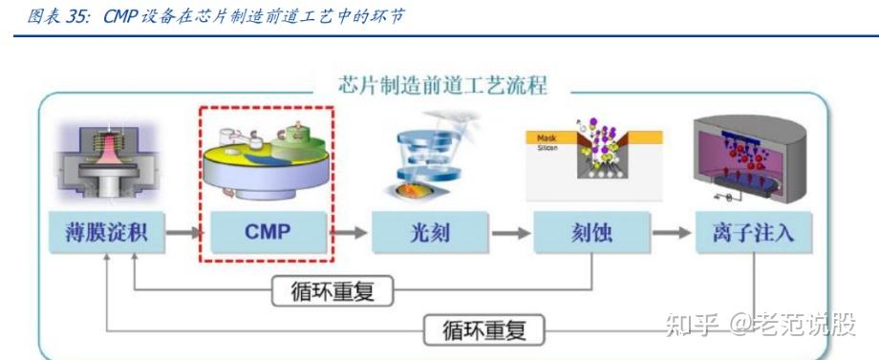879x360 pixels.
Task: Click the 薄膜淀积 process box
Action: coord(105,232)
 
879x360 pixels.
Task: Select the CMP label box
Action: coord(267,232)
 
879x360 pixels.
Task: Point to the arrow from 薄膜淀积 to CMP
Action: coord(187,232)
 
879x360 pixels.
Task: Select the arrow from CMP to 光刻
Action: coord(349,232)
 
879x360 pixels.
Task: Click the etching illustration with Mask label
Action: coord(585,153)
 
